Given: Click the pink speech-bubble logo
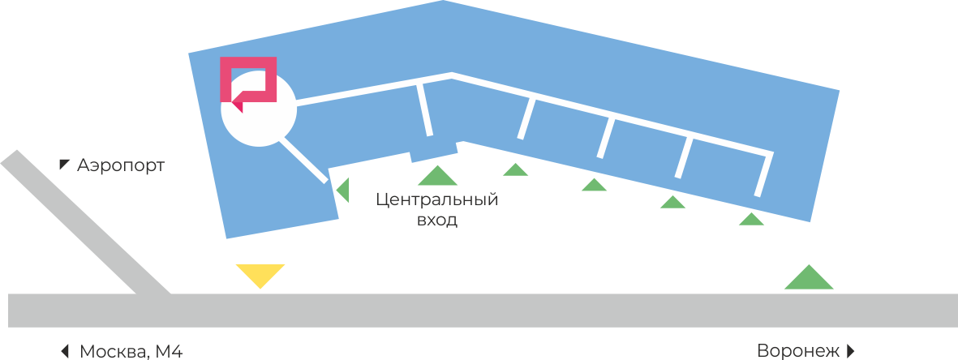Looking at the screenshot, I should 249,80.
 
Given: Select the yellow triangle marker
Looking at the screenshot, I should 260,274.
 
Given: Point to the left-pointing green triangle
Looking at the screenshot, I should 344,190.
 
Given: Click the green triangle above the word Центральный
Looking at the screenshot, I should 438,176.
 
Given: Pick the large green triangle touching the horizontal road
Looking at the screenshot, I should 809,279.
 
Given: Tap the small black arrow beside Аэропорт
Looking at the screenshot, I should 64,165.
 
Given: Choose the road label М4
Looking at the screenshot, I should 173,351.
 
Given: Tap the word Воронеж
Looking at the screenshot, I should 797,351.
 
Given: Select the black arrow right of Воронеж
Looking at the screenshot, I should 851,351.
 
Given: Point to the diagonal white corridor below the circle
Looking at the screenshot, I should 305,161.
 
